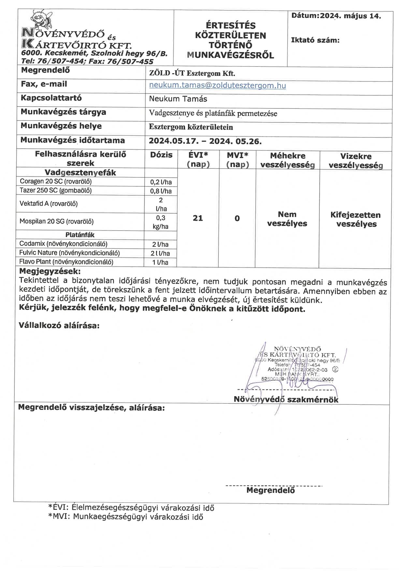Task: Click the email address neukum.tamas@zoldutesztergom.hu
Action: (217, 85)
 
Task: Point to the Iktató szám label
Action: (315, 40)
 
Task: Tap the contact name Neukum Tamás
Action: (178, 99)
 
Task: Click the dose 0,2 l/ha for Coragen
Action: (161, 182)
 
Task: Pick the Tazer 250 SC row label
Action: (56, 190)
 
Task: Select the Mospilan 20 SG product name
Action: (56, 221)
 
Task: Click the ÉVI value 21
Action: (198, 218)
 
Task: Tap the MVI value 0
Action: (237, 218)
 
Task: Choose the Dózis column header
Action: (161, 155)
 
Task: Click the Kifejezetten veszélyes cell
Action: (355, 219)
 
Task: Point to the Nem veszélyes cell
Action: (287, 219)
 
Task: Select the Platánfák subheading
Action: (80, 235)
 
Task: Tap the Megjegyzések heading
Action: (50, 271)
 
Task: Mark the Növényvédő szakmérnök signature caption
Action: (286, 399)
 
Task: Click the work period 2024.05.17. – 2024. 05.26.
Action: (205, 141)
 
